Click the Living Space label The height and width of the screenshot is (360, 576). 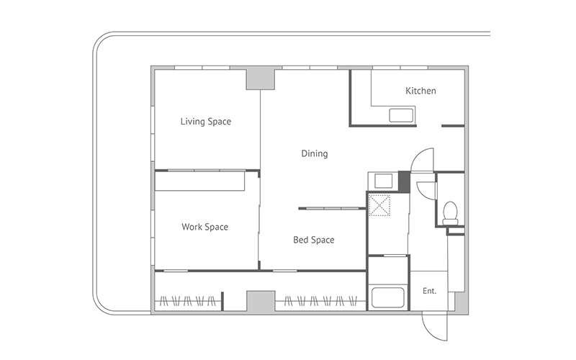point(206,122)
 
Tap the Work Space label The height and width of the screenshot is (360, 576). point(205,227)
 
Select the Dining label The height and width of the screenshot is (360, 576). point(315,153)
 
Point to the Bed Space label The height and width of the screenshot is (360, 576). point(314,240)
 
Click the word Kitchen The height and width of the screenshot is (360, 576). point(420,91)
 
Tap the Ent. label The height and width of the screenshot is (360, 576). point(429,291)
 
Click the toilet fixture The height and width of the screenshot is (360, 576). point(451,213)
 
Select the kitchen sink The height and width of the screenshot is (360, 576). point(402,115)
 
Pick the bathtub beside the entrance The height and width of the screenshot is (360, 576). point(388,297)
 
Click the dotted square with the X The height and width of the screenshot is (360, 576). point(379,205)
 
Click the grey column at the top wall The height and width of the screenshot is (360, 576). point(261,79)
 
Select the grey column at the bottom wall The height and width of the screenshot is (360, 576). point(261,301)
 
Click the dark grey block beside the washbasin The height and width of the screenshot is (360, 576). point(404,181)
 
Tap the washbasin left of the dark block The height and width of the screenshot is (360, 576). point(384,181)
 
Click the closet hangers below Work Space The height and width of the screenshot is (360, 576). point(188,301)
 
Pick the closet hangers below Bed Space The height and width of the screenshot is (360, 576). point(320,301)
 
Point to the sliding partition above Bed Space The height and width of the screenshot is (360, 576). point(332,209)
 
